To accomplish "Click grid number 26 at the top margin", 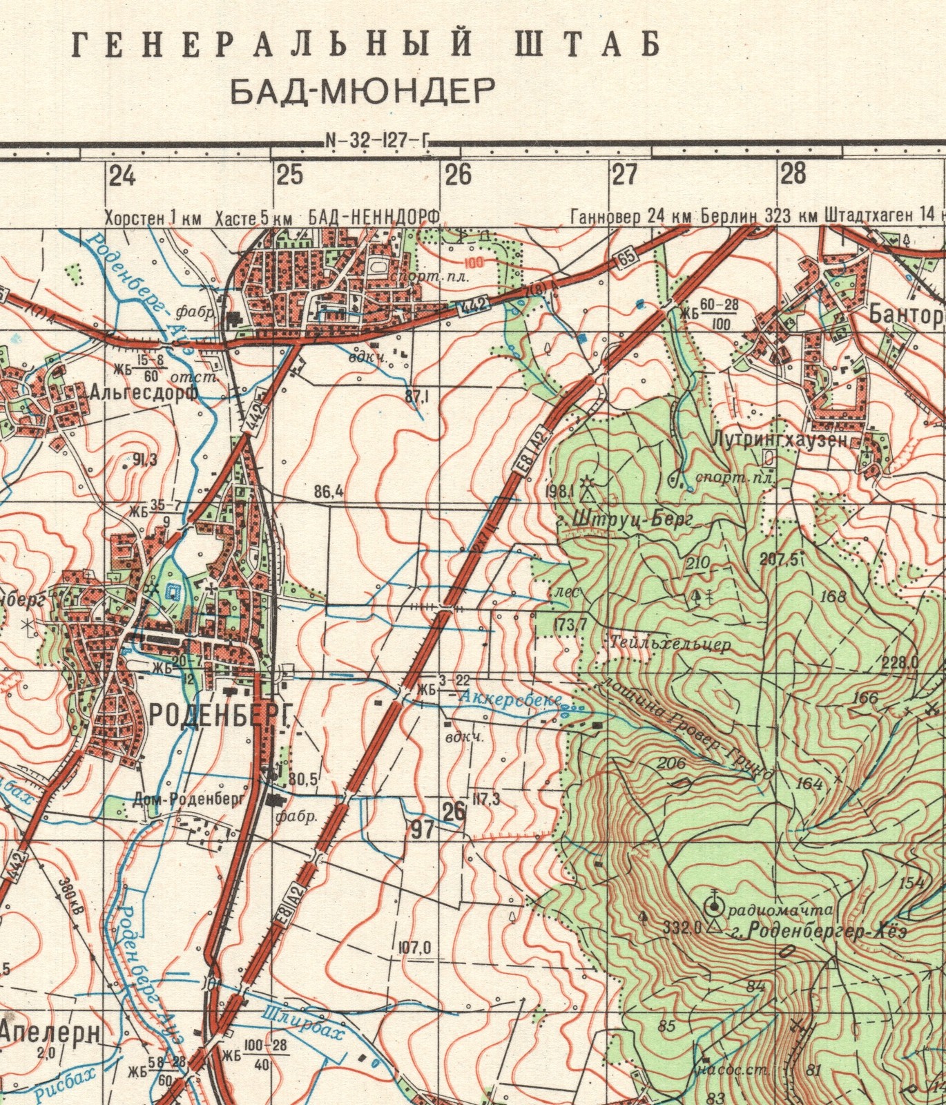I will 458,175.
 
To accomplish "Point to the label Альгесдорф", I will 144,393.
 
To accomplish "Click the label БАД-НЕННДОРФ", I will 374,218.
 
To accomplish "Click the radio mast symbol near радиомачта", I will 713,905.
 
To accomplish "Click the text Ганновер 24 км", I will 630,218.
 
